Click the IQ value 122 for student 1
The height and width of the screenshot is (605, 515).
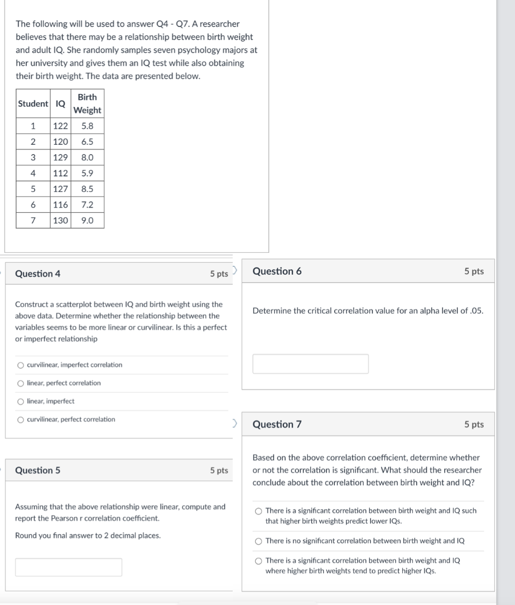60,126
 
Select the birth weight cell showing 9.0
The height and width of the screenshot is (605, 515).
87,220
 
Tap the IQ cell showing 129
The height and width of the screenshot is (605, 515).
60,158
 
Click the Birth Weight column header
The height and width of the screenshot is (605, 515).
87,103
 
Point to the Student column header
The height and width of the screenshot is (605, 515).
33,103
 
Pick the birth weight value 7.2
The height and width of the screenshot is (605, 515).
87,205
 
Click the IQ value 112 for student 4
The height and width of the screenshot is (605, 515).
60,174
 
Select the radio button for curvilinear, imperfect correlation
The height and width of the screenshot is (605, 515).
21,365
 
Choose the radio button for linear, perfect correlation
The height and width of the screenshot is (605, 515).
21,383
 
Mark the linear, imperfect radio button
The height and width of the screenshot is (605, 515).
21,402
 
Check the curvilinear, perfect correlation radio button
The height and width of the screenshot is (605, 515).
21,419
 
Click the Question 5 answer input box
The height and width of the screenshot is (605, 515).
69,567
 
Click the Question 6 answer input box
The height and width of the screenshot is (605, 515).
311,364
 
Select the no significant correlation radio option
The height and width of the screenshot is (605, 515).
258,541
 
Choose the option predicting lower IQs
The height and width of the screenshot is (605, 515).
258,511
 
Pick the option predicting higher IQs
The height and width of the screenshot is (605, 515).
258,561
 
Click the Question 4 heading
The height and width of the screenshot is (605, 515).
38,274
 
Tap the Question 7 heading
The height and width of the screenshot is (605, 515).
277,424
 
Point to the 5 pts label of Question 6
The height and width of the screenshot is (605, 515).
474,271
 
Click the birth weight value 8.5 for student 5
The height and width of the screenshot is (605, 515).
87,189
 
